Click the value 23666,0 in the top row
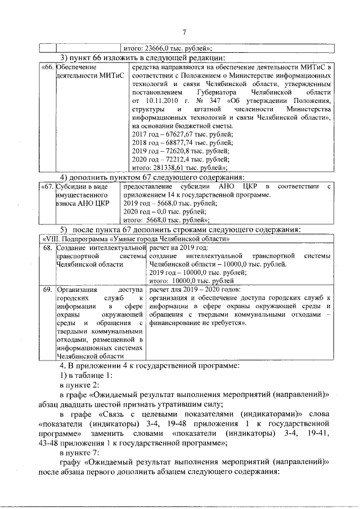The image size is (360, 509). coord(161,48)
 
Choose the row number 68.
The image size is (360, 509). coord(48,247)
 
